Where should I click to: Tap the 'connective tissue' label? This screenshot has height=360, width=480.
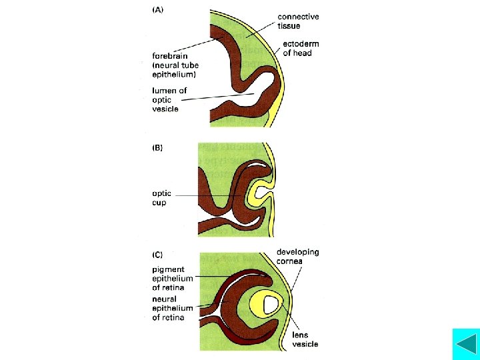298,21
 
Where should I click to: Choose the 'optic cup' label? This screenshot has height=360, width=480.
162,198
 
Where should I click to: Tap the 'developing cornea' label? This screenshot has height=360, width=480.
298,256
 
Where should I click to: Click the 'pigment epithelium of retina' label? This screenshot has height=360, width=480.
172,278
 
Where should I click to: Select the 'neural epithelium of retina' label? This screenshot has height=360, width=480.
172,308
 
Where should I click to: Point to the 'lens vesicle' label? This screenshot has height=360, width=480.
305,339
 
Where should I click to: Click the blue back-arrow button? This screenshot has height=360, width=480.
465,344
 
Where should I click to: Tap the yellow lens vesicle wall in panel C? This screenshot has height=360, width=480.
256,305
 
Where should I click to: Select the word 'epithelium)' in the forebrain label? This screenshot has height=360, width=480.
178,74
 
